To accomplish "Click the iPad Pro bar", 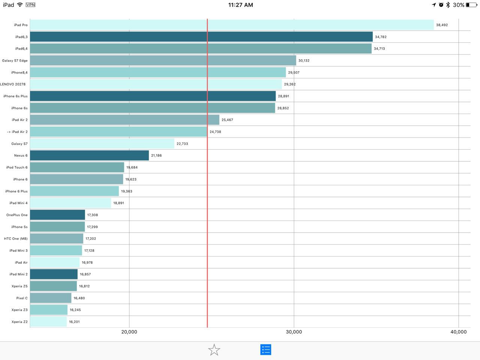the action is coord(232,25).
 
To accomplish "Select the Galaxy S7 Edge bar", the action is coord(163,60).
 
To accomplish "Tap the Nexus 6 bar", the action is coord(90,155).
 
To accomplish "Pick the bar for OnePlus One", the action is coord(57,215).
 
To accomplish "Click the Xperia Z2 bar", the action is coord(48,322).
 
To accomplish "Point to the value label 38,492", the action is coord(442,25).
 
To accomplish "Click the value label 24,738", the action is coord(215,132).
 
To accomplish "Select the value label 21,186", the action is coord(156,155).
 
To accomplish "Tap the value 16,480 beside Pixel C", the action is coord(79,298).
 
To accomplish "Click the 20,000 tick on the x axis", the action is coord(129,332).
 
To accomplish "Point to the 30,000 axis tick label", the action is coord(294,332).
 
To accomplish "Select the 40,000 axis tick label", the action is coord(459,332).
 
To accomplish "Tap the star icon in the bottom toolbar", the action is coord(214,350).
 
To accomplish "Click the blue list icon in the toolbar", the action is coord(266,350).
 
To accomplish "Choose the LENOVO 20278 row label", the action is coord(13,84).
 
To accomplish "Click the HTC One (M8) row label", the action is coord(16,239).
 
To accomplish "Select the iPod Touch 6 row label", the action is coord(17,167).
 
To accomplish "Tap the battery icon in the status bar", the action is coord(472,5).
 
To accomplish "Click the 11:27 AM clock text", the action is coord(240,5).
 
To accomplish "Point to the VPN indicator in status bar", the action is coord(30,4).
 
